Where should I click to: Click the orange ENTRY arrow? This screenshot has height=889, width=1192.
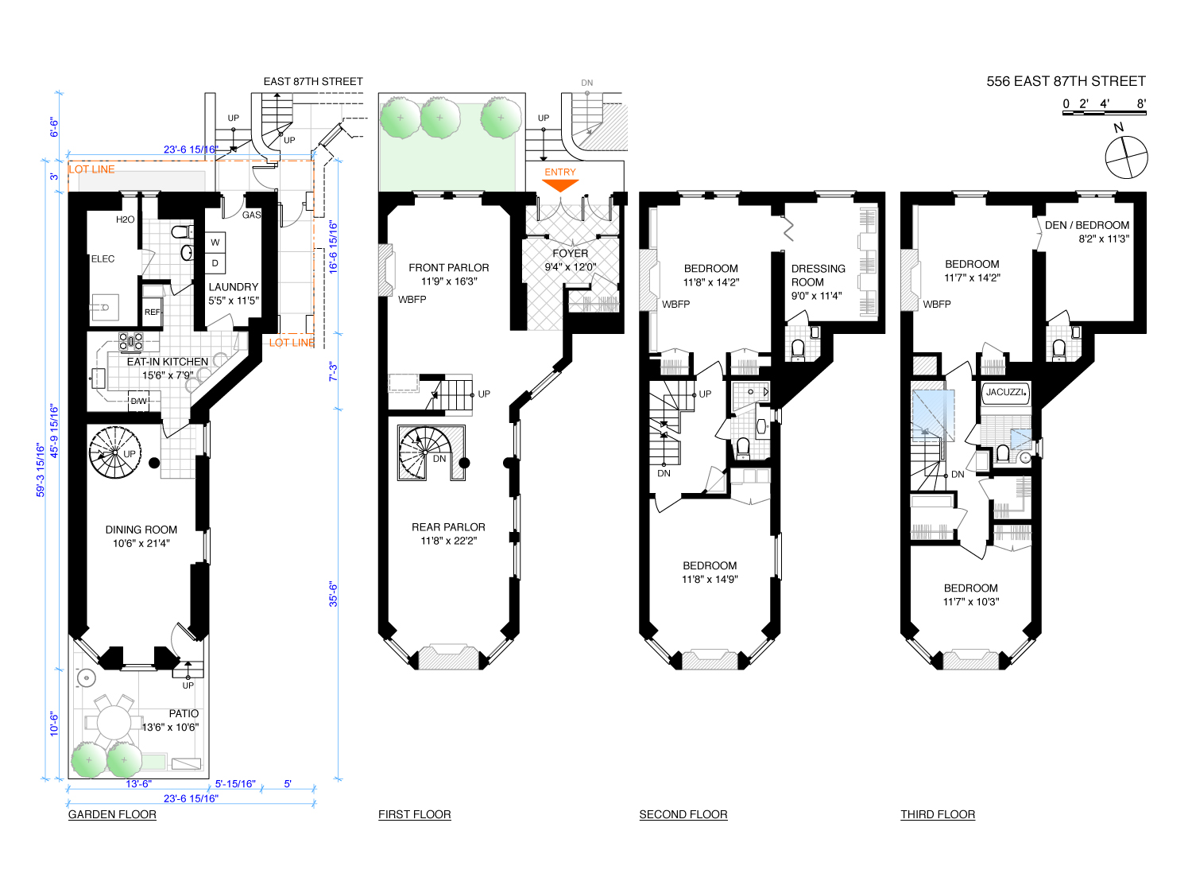pyautogui.click(x=560, y=184)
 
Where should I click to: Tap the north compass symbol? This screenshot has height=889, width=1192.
pyautogui.click(x=1126, y=156)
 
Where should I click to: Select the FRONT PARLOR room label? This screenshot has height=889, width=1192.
pyautogui.click(x=448, y=268)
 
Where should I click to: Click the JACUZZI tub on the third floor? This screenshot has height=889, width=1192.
pyautogui.click(x=1006, y=393)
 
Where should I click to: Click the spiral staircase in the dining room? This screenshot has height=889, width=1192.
pyautogui.click(x=115, y=453)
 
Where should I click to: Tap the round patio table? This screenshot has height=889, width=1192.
pyautogui.click(x=114, y=722)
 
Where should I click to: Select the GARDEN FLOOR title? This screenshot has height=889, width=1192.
pyautogui.click(x=112, y=814)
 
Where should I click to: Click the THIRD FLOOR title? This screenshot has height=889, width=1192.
pyautogui.click(x=938, y=814)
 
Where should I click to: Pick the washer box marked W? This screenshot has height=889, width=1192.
pyautogui.click(x=215, y=242)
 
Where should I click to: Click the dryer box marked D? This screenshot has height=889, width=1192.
pyautogui.click(x=215, y=263)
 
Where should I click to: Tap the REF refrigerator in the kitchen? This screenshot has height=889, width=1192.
pyautogui.click(x=152, y=312)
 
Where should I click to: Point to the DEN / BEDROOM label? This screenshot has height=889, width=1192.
pyautogui.click(x=1086, y=225)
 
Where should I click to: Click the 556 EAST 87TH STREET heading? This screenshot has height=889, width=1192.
pyautogui.click(x=1066, y=81)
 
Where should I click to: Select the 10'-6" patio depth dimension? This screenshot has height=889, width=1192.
pyautogui.click(x=55, y=723)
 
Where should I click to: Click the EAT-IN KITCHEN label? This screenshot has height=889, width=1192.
pyautogui.click(x=167, y=362)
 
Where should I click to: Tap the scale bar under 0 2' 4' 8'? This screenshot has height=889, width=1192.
pyautogui.click(x=1104, y=114)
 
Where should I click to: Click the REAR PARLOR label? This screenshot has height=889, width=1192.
pyautogui.click(x=448, y=527)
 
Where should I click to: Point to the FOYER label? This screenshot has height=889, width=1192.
pyautogui.click(x=570, y=254)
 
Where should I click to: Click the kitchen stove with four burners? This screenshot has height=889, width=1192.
pyautogui.click(x=131, y=342)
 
